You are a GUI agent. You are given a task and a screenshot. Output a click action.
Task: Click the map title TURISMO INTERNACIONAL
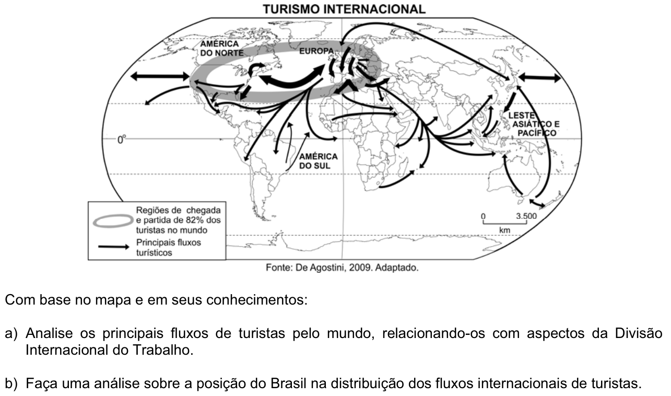tap(344, 9)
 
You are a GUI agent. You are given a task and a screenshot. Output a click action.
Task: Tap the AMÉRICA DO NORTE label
tap(222, 49)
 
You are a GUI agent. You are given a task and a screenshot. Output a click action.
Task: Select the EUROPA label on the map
tap(316, 51)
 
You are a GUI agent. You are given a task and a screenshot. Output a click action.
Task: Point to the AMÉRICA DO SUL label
tap(318, 161)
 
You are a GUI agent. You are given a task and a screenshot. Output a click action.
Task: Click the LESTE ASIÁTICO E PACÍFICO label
tap(534, 124)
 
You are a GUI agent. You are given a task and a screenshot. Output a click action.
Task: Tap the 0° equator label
tap(122, 139)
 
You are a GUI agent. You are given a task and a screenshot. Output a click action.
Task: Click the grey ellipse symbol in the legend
tap(113, 221)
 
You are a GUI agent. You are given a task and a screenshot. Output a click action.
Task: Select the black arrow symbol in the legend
tap(114, 247)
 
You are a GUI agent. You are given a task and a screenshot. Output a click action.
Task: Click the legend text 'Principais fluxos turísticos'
tap(168, 248)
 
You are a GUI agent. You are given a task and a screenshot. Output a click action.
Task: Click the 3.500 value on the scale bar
tap(526, 216)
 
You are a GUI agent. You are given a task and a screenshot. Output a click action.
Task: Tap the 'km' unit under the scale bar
tap(504, 230)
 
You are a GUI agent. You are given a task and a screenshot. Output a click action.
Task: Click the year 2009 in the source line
tap(361, 267)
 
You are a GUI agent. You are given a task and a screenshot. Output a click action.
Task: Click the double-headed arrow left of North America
tap(160, 76)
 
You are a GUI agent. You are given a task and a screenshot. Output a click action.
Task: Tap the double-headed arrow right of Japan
tap(539, 77)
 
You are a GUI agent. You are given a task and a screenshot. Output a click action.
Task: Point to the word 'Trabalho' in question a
tap(161, 350)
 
